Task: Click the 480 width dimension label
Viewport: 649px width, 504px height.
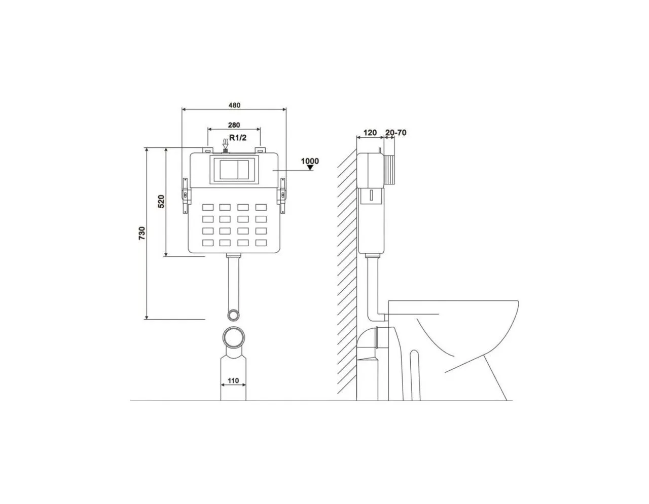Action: (234, 105)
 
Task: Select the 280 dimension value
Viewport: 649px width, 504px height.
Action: (234, 125)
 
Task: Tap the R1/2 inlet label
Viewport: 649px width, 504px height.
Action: (238, 137)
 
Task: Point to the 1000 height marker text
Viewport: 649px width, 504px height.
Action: (310, 161)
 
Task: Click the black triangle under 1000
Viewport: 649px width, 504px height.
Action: (311, 168)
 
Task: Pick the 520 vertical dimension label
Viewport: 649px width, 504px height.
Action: (161, 201)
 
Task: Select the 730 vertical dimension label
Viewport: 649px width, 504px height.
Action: (142, 233)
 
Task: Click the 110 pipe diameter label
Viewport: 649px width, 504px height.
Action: (233, 380)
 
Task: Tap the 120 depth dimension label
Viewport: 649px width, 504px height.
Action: (370, 132)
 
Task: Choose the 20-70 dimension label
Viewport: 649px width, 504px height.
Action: (395, 132)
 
